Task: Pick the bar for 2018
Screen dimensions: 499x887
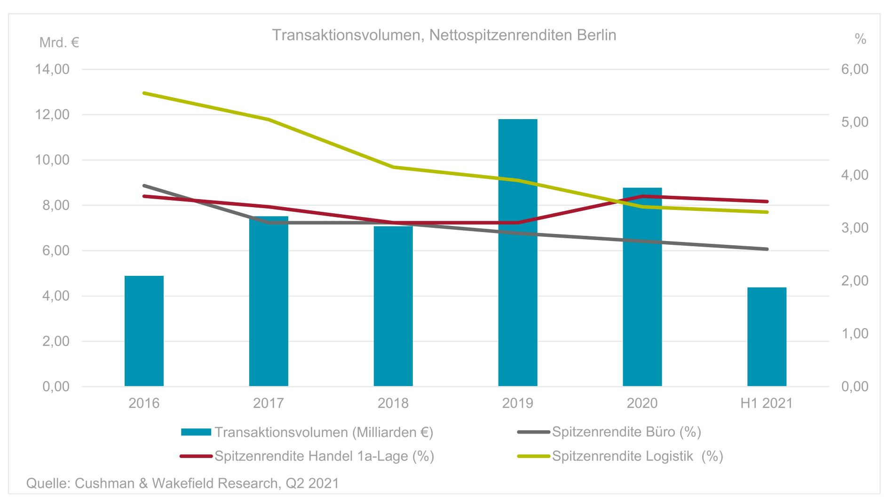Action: coord(393,306)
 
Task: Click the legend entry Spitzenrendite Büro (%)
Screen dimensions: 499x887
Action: coord(626,432)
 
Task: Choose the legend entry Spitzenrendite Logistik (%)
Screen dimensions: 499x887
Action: coord(637,456)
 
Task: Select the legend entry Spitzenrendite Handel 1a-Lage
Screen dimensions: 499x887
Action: coord(324,456)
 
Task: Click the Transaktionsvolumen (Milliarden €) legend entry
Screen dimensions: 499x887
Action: coord(324,432)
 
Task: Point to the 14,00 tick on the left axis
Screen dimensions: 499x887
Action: coord(52,69)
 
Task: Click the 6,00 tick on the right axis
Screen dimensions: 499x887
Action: coord(855,69)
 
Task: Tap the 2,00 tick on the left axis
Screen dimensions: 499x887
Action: coord(55,341)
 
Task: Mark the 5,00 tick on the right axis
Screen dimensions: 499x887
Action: coord(855,122)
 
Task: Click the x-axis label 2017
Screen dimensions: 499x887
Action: coord(269,403)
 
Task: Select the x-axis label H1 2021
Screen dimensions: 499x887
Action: coord(766,403)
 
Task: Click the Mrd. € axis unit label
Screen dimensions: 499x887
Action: coord(59,43)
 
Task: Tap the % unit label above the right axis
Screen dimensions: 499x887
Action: coord(860,39)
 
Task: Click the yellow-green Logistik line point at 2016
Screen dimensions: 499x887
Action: coord(144,93)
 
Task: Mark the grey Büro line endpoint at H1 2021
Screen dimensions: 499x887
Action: coord(767,249)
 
